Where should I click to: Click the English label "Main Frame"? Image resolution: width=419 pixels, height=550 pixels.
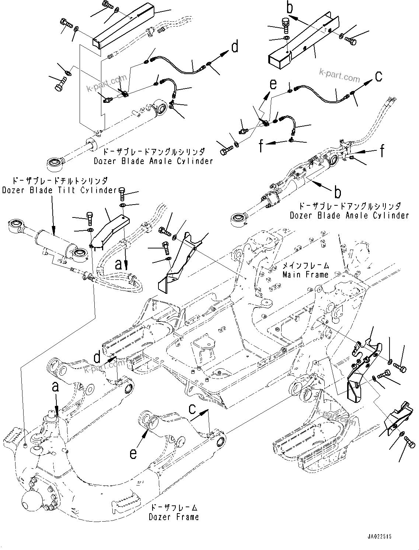[305, 275]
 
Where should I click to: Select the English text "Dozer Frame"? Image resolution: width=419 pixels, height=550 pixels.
[174, 517]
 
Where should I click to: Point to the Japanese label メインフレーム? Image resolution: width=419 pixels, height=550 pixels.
[305, 265]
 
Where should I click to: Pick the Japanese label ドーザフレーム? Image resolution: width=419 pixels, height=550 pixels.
[174, 507]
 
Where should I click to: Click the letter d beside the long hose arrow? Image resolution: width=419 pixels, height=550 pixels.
[234, 47]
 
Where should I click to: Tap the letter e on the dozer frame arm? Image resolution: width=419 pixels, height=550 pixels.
[133, 453]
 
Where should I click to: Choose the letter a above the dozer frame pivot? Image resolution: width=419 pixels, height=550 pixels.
[55, 387]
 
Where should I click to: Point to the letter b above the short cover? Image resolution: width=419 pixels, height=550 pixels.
[290, 8]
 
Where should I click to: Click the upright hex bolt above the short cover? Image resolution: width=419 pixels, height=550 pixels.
[286, 24]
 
